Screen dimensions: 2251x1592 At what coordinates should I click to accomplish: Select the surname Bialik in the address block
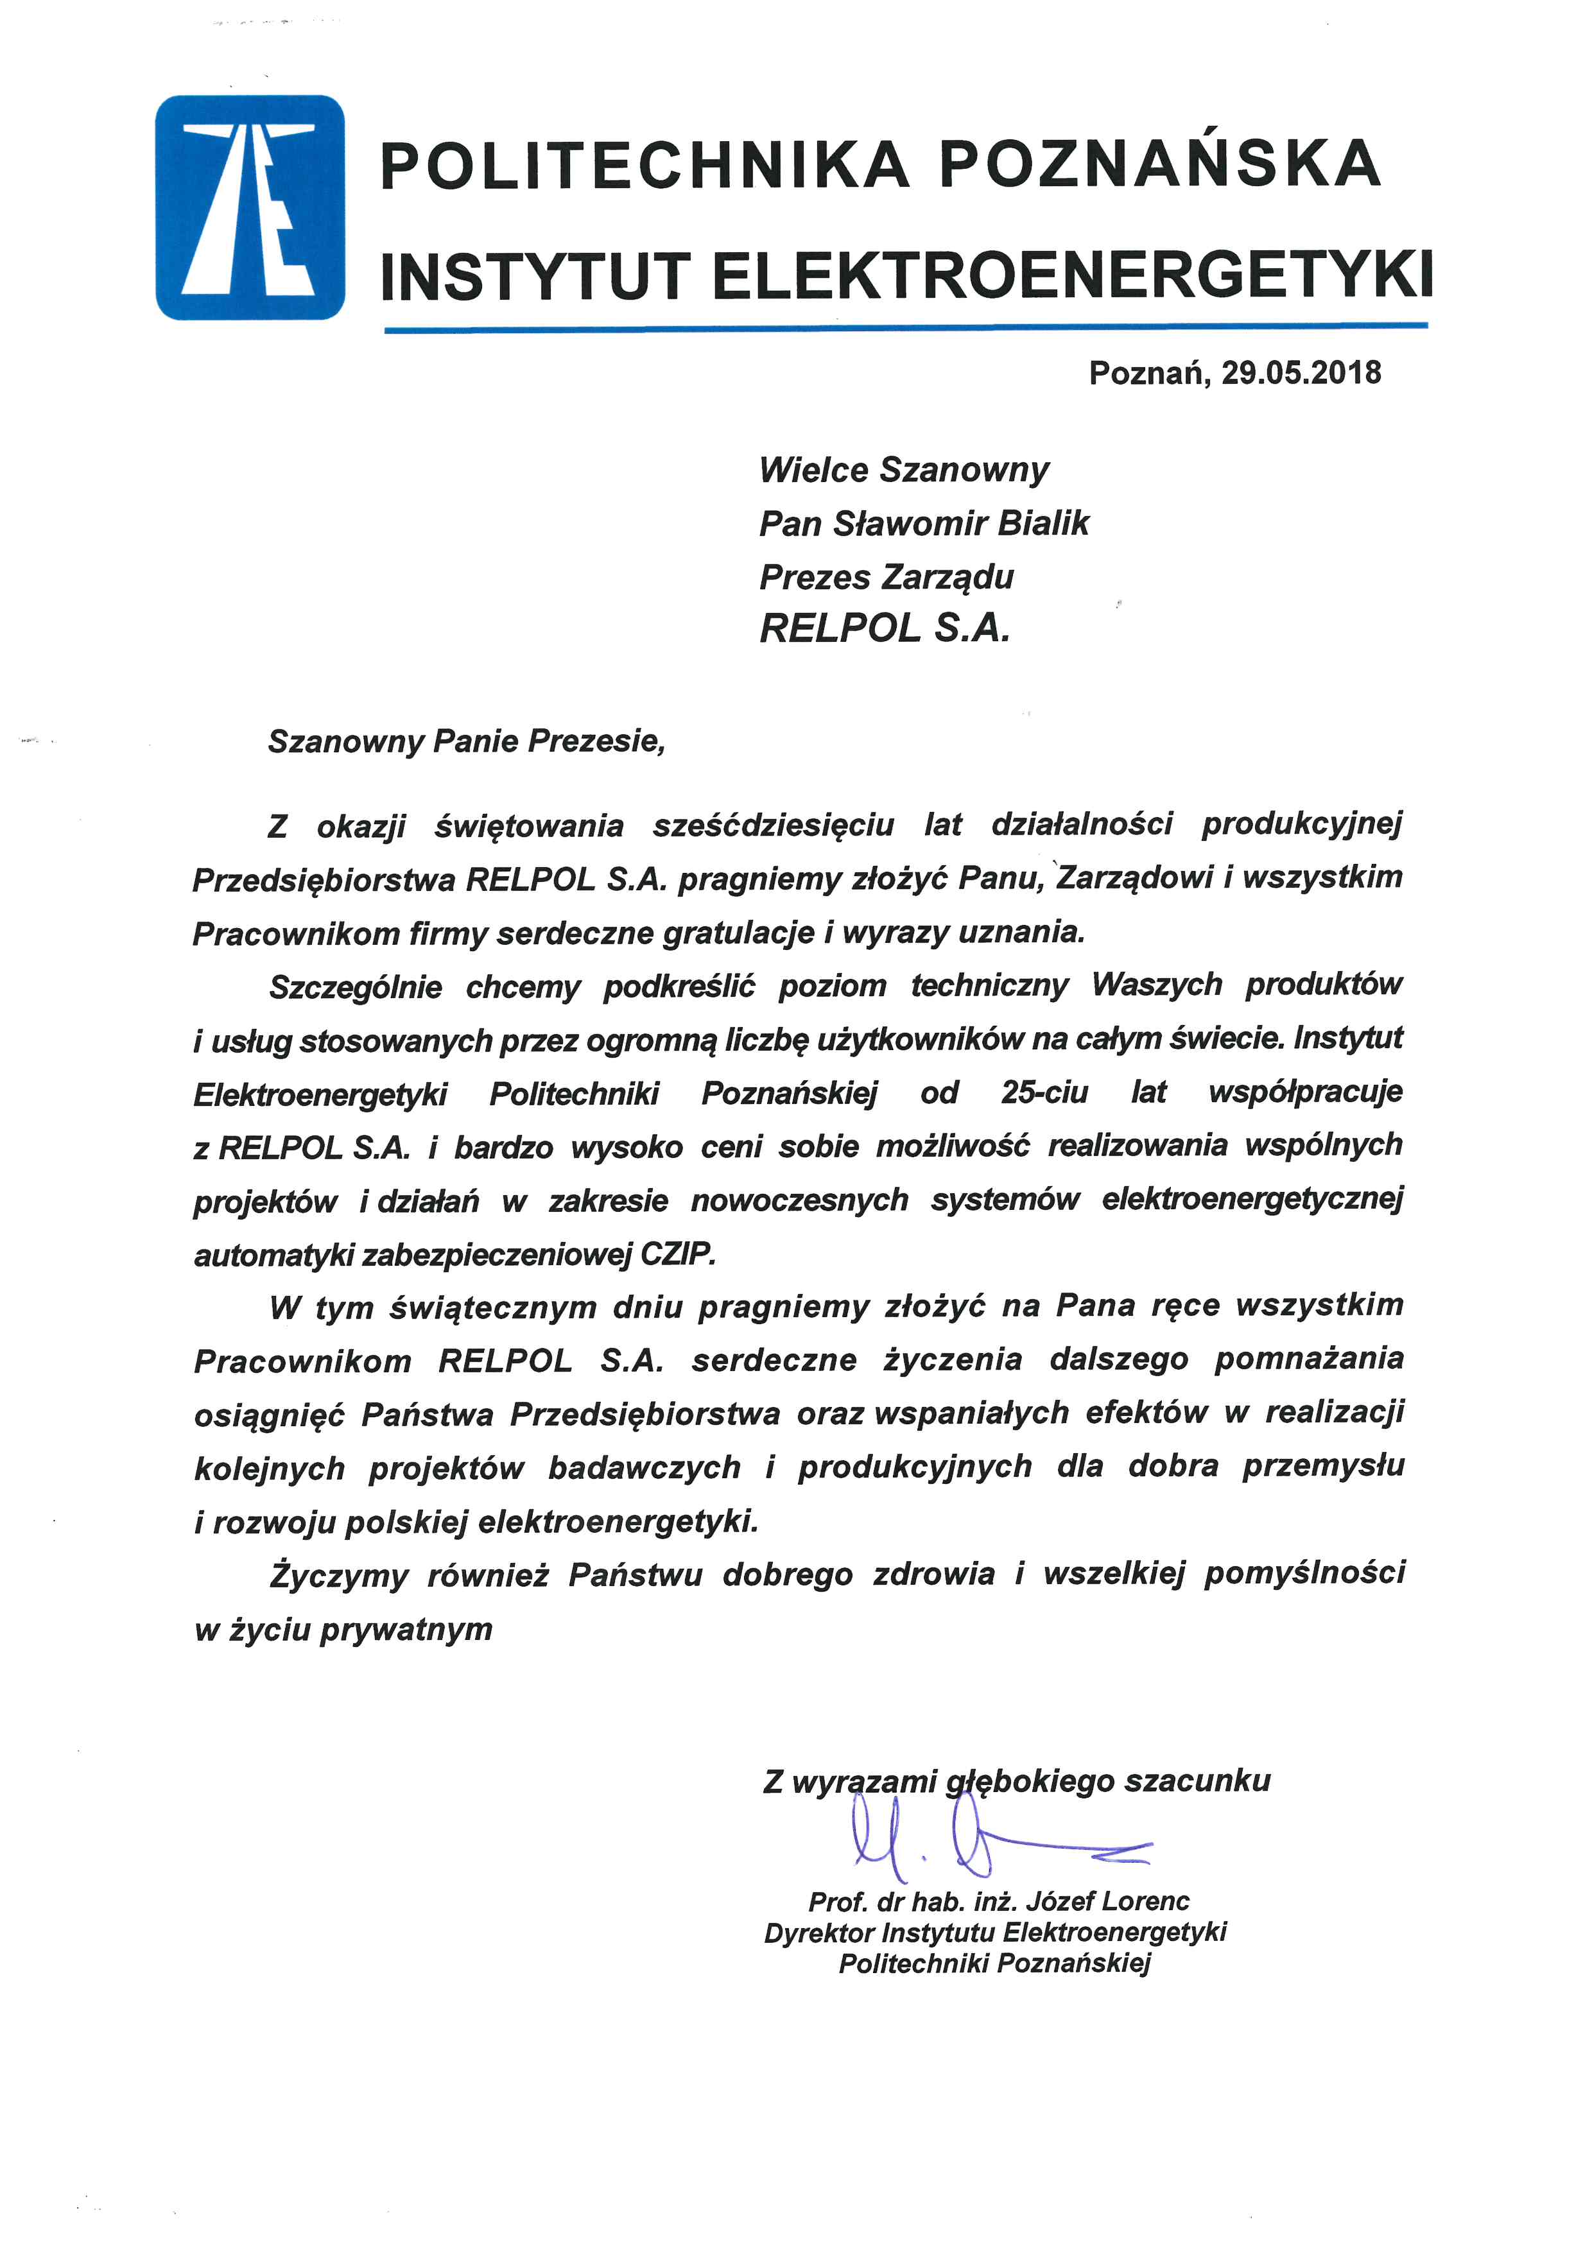point(1043,524)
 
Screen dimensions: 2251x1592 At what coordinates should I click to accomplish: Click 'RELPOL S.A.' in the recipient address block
point(884,628)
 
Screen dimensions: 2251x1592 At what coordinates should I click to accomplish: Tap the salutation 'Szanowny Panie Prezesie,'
point(467,741)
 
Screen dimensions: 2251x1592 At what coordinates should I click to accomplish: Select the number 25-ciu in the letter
point(1044,1092)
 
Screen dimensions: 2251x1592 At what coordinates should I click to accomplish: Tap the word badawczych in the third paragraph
point(644,1468)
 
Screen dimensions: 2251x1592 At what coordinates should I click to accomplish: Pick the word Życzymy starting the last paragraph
point(339,1576)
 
